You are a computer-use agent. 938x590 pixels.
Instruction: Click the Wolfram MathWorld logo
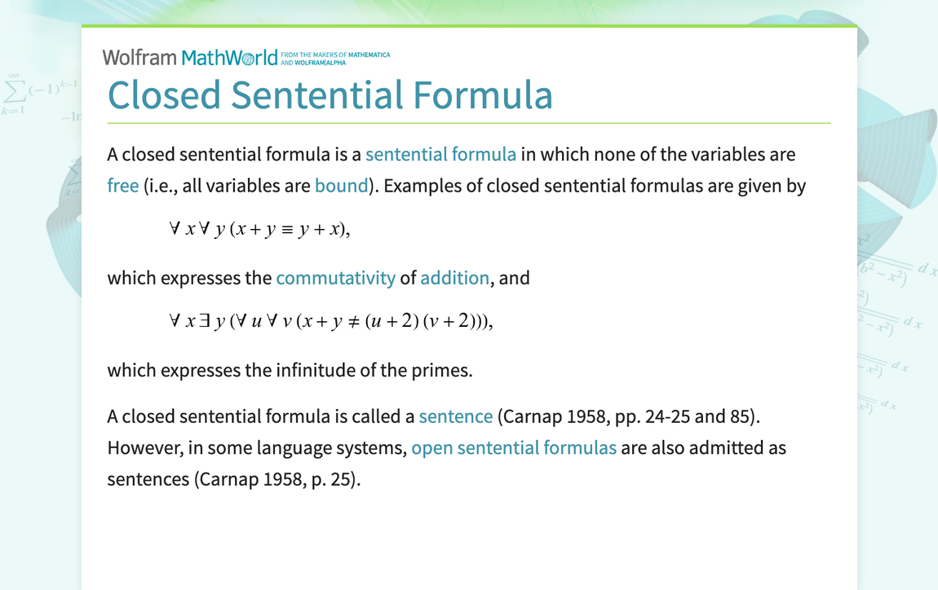coord(196,57)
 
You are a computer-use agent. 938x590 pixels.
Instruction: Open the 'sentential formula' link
coord(440,154)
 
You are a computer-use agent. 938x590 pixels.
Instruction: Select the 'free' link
coord(123,186)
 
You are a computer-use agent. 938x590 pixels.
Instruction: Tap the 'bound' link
coord(341,186)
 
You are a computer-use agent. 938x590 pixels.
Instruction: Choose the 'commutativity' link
coord(335,278)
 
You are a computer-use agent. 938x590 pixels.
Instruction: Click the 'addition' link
coord(454,278)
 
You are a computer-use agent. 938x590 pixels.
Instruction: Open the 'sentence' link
coord(455,416)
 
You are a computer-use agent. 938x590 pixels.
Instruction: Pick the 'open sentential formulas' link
coord(514,447)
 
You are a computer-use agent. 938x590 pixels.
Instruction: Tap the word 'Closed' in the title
coord(164,95)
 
